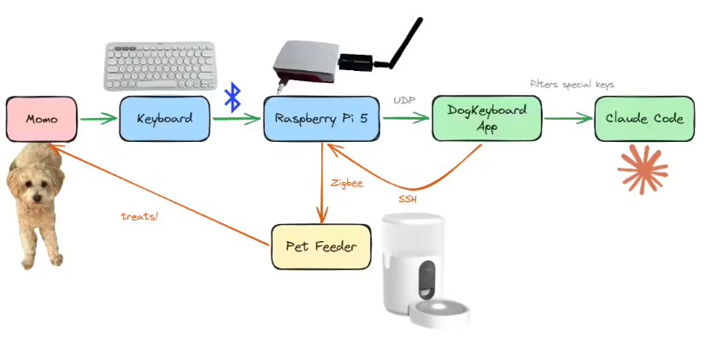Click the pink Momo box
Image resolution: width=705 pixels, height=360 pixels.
coord(41,119)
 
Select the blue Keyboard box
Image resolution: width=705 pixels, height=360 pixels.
coord(164,119)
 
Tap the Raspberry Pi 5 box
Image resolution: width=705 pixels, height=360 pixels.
coord(321,119)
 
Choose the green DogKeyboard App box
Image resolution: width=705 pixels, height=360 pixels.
coord(487,118)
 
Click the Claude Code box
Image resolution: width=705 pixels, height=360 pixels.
coord(644,119)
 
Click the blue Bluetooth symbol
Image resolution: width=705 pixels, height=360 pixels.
coord(232,97)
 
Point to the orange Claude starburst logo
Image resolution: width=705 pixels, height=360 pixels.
coord(643,168)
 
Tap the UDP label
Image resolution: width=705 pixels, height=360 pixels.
coord(404,100)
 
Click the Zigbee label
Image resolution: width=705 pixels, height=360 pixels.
coord(345,182)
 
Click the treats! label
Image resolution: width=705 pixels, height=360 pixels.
coord(139,216)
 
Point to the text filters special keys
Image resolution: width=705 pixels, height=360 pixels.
coord(572,85)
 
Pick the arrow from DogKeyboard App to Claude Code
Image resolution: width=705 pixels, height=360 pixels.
coord(567,119)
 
